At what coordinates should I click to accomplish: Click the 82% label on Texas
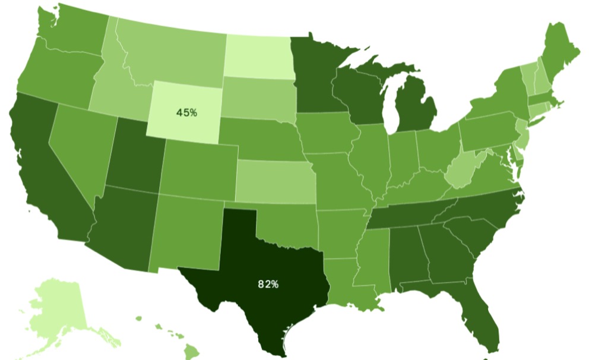click(268, 284)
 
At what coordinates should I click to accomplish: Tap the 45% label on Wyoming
click(187, 112)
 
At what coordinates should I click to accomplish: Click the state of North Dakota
click(259, 55)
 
